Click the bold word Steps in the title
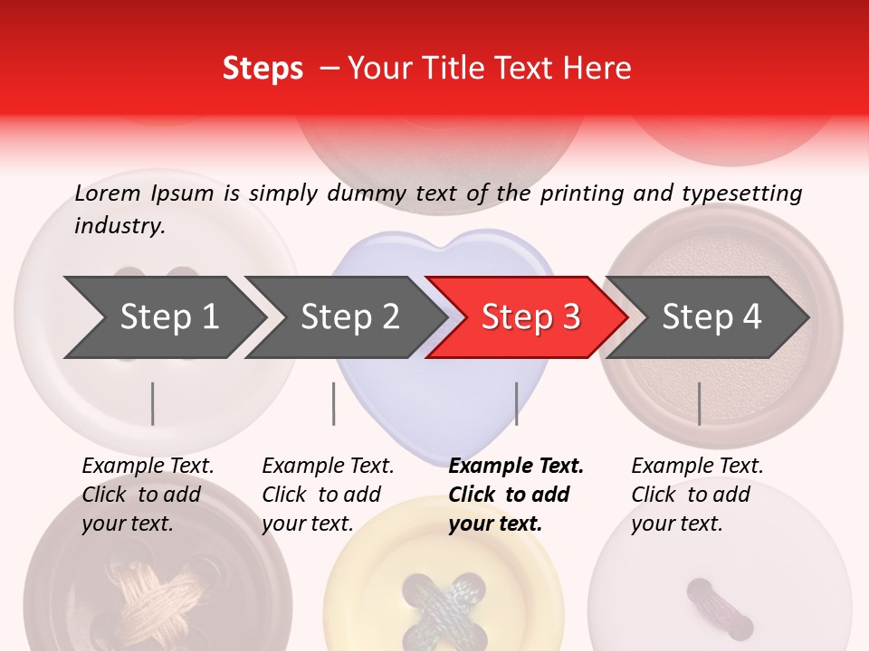click(263, 69)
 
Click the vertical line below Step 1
click(153, 403)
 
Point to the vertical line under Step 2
click(334, 403)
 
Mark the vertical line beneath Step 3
click(516, 403)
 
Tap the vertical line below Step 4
click(699, 403)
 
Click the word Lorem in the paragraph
click(108, 193)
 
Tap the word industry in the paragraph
click(119, 226)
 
